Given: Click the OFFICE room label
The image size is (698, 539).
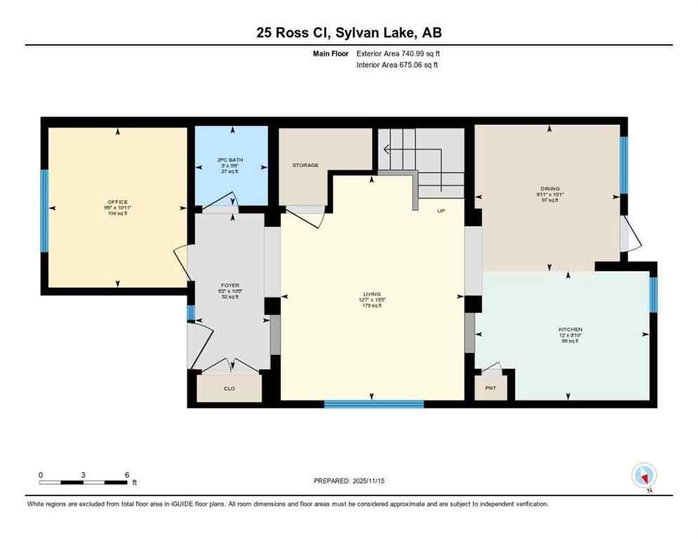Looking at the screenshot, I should coord(117,202).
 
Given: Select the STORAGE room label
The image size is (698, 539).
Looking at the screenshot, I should coord(305,166).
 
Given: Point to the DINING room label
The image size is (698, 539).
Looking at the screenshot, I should coord(548,188).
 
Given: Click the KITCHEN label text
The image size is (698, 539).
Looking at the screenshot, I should coord(569,329).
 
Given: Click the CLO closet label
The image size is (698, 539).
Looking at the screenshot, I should coord(229,387).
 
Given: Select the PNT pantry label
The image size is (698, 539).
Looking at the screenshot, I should coord(490,387).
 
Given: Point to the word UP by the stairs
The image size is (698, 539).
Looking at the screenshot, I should coord(441,211).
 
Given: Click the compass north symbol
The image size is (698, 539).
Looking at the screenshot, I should coord(644,476).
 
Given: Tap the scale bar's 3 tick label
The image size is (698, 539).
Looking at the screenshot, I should coord(84,474).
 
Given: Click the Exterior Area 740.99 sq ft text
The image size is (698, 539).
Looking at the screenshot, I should coord(398,53).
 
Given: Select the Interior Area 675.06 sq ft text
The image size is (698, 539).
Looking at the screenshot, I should coord(397,65).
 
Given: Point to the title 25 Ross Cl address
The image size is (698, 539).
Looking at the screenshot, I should coord(348,32).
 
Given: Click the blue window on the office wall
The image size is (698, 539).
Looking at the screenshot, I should coord(44,211).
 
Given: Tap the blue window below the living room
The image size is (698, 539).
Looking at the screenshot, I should coord(374,404).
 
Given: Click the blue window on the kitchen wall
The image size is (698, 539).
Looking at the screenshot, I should coord(653,295).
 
